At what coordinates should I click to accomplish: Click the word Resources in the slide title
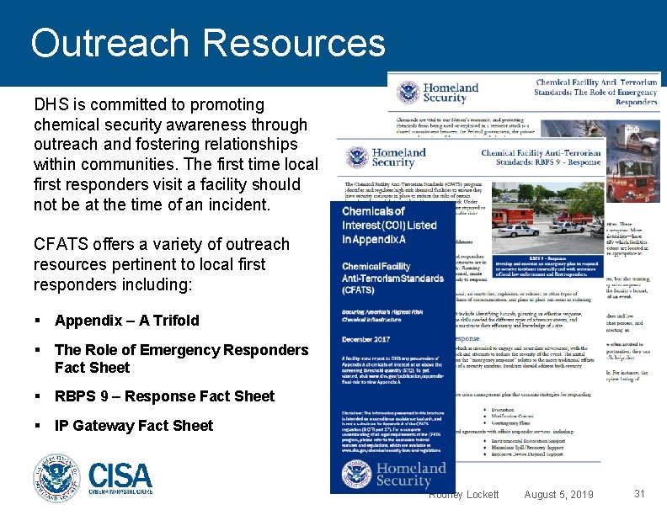point(294,44)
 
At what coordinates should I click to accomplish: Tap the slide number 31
point(639,494)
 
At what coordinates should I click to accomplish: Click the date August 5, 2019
point(558,494)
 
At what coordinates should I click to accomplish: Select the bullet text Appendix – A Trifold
point(127,321)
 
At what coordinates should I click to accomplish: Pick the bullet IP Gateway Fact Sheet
point(134,426)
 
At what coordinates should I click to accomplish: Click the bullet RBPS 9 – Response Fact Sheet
point(164,396)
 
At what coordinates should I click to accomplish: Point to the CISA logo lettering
point(120,477)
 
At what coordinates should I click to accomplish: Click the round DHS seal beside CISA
point(56,478)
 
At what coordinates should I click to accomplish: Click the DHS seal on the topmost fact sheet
point(408,93)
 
